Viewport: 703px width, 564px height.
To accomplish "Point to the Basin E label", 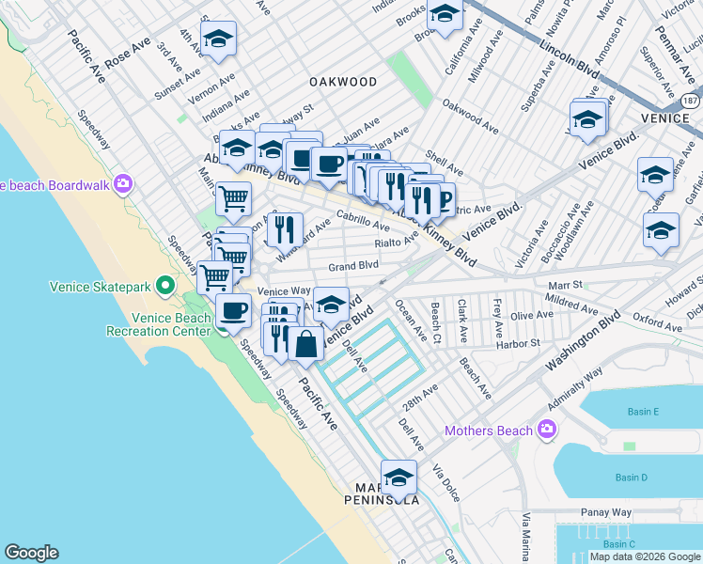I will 643,412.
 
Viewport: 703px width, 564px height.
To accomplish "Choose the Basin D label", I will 631,478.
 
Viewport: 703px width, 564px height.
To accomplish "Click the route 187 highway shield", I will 691,100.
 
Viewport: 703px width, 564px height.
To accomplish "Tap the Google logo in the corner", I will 31,553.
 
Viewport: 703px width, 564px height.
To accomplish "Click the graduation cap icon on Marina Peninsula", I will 398,477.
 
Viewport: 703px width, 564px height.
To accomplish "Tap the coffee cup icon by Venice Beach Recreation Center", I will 233,311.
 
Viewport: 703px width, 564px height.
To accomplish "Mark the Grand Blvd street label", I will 353,267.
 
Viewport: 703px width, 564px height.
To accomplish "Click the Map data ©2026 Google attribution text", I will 645,556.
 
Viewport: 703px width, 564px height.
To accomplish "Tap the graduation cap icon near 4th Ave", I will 218,39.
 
